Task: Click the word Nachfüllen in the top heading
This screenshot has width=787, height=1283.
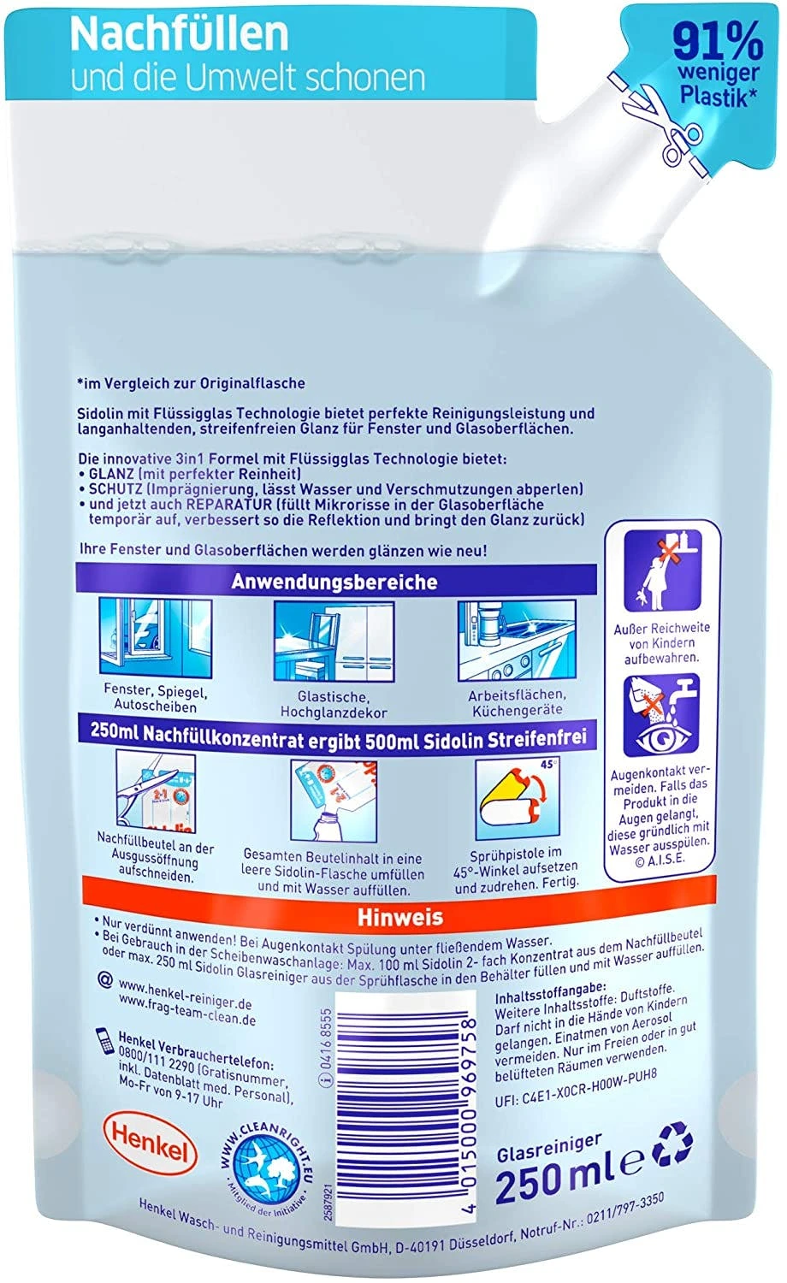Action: (x=179, y=33)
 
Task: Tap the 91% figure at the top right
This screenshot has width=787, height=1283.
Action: (x=718, y=42)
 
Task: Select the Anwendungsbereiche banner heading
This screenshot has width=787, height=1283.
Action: (x=334, y=582)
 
